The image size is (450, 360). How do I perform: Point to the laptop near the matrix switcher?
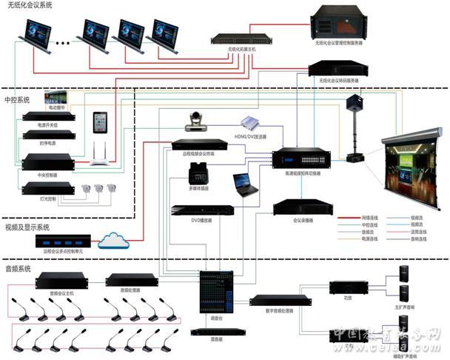244,184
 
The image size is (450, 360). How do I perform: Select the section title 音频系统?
19,268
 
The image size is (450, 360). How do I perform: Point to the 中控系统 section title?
19,98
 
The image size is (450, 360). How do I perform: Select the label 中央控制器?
47,176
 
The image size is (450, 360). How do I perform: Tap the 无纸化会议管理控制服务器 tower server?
339,23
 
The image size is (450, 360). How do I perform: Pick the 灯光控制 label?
47,198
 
